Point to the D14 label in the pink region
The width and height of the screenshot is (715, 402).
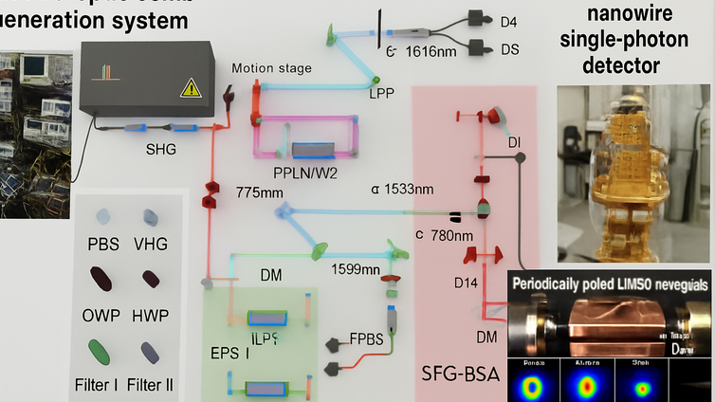466,282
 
